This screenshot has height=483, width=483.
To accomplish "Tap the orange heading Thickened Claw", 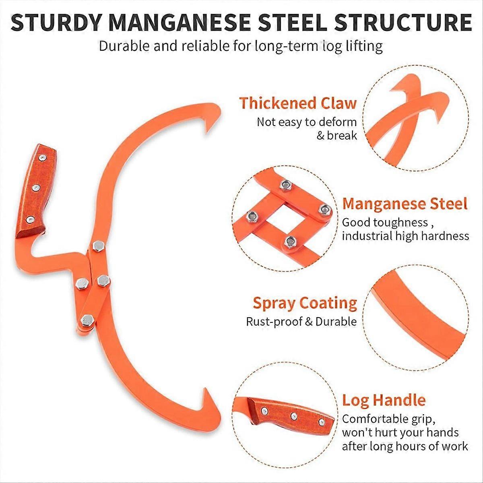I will (x=298, y=103).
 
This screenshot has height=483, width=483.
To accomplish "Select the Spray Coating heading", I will (x=305, y=303).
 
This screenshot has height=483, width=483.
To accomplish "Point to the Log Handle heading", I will (x=384, y=400).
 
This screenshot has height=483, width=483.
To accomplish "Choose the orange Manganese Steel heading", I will (x=405, y=204).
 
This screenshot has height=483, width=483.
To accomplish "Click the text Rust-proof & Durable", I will (x=301, y=322).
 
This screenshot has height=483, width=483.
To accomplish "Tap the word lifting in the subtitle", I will (x=363, y=46).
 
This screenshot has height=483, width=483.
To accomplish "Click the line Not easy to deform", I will (x=307, y=122).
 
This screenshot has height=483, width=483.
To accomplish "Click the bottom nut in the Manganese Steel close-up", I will (x=289, y=242).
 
